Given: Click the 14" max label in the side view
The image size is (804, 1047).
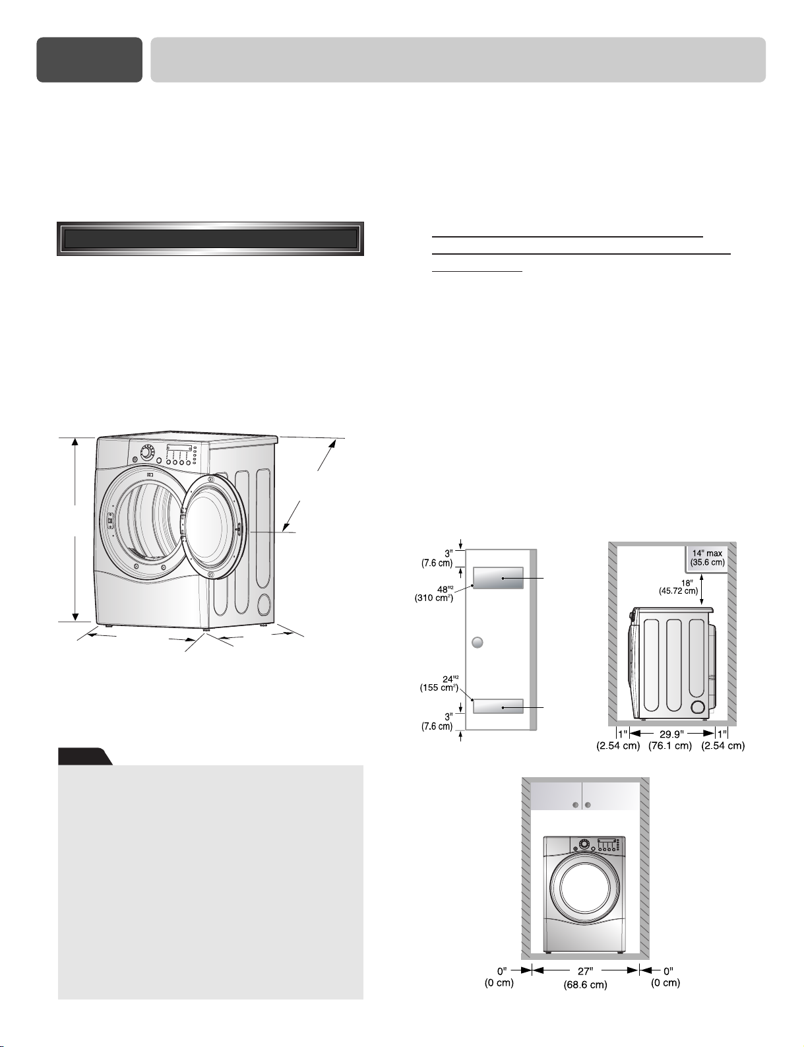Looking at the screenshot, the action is pyautogui.click(x=707, y=554).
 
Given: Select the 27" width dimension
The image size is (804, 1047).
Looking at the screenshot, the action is pyautogui.click(x=585, y=971).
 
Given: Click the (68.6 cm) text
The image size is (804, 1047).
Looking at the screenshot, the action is pyautogui.click(x=585, y=985).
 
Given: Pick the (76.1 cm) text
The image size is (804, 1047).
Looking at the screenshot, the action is pyautogui.click(x=669, y=746).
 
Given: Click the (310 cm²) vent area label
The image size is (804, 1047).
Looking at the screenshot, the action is pyautogui.click(x=433, y=598).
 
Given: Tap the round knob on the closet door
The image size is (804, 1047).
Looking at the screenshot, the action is pyautogui.click(x=477, y=643).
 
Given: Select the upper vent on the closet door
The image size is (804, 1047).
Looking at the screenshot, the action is pyautogui.click(x=497, y=578).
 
